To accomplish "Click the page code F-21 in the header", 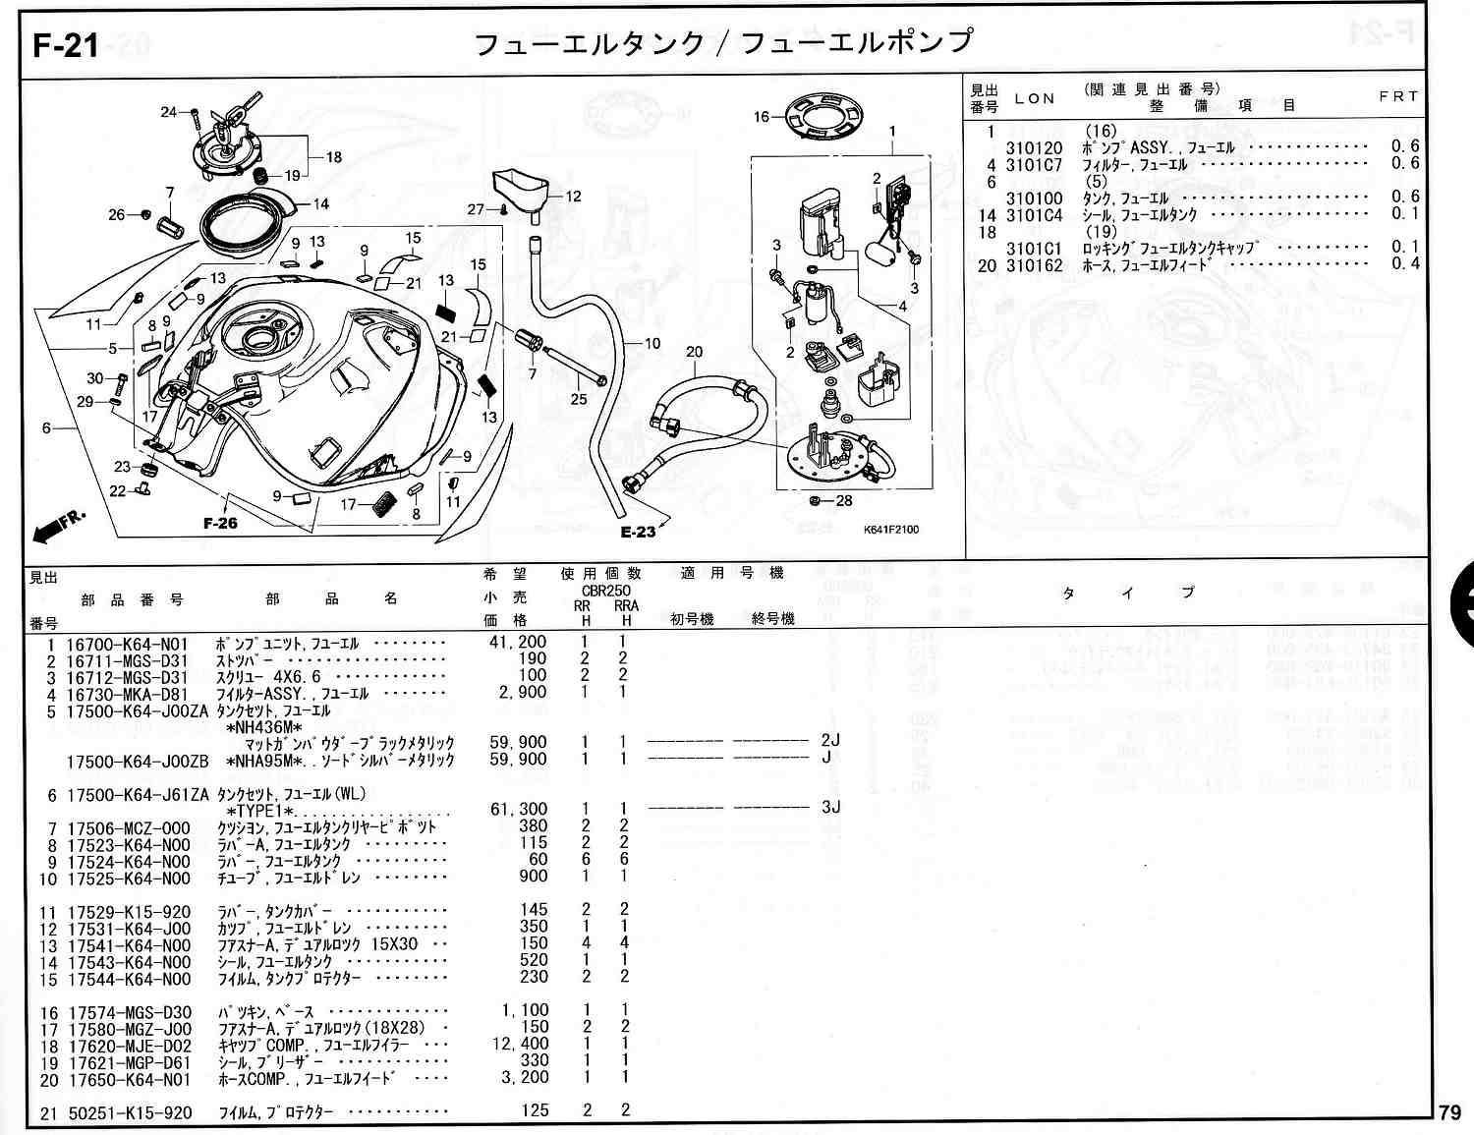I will click(x=66, y=45).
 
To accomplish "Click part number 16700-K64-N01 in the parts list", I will click(x=128, y=645).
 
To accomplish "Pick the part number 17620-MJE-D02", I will click(x=129, y=1046).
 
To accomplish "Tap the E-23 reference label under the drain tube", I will click(x=638, y=533).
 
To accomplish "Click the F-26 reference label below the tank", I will click(x=220, y=523).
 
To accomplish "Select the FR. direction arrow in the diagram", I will click(x=59, y=525).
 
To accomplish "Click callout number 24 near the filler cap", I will click(x=169, y=112).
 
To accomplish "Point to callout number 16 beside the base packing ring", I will click(x=762, y=117).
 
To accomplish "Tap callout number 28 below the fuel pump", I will click(x=844, y=501).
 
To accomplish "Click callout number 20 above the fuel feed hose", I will click(x=695, y=352).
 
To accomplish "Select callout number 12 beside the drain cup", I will click(x=573, y=197).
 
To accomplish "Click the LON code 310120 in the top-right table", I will click(x=1034, y=148).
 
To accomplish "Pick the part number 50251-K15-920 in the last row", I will click(x=129, y=1112).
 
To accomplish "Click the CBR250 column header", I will click(x=605, y=591).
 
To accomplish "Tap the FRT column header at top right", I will click(x=1398, y=96).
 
